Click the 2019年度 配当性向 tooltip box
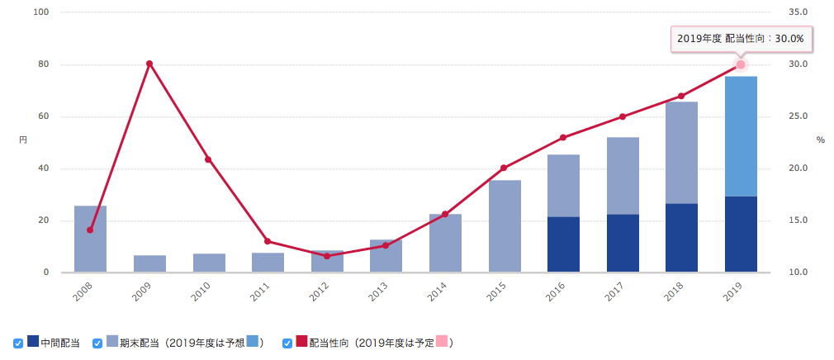[740, 38]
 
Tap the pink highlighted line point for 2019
[741, 64]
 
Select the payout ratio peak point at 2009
[149, 64]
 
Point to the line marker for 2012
[327, 256]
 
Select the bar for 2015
[505, 226]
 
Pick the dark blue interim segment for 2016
[563, 244]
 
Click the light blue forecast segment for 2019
[741, 136]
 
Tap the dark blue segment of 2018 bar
[682, 238]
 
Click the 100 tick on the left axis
[41, 12]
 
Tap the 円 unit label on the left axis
[23, 141]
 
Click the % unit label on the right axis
[820, 140]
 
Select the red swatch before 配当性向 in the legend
[301, 342]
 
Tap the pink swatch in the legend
[442, 342]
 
